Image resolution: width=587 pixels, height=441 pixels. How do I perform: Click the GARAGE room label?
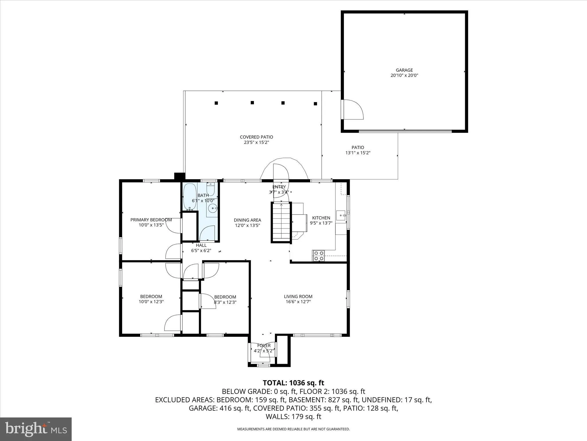tap(404, 70)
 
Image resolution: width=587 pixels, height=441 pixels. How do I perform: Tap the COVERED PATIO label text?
tap(256, 137)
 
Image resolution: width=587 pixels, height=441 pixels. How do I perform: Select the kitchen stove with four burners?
tap(318, 256)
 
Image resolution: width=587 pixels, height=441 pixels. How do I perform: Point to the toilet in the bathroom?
tap(211, 189)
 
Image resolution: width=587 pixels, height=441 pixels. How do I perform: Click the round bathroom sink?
tap(213, 208)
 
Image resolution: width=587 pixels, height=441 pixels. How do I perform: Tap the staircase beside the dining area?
tap(281, 223)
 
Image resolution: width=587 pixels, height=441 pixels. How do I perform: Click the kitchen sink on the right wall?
tap(341, 215)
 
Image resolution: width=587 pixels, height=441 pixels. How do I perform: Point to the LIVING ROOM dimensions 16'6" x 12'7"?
tap(298, 302)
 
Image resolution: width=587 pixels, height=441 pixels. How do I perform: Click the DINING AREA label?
tap(247, 220)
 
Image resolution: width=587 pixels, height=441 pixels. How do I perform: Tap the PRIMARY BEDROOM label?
tap(151, 220)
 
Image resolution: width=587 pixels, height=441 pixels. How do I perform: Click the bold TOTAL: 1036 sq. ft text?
tap(293, 383)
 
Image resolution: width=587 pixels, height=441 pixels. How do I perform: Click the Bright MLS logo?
tap(36, 429)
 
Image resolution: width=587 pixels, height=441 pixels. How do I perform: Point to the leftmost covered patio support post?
tap(216, 103)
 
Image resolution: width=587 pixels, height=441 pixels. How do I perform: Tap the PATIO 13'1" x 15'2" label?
tap(358, 150)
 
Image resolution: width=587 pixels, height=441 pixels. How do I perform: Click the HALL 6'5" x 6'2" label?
tap(201, 248)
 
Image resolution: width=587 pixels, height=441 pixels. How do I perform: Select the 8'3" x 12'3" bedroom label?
tap(225, 302)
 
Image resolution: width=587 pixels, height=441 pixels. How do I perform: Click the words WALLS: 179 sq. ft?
tap(293, 417)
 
